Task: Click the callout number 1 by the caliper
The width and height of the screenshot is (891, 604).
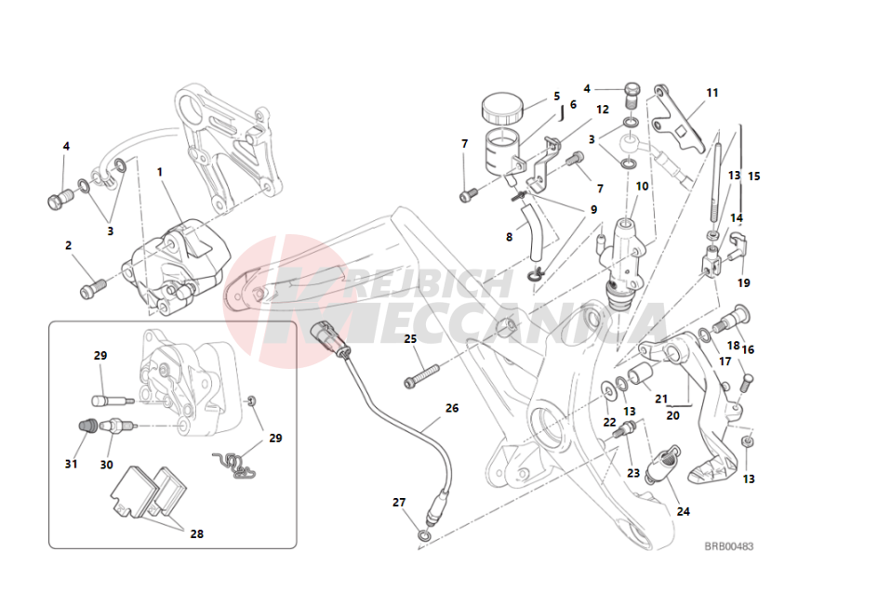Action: point(159,172)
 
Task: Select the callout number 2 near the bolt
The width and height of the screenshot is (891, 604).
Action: point(68,246)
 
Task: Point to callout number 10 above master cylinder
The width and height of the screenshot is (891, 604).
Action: point(642,186)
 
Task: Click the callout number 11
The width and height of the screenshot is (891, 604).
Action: point(712,93)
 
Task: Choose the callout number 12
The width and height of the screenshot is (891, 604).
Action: point(603,110)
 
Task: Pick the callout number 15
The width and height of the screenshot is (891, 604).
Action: point(753,176)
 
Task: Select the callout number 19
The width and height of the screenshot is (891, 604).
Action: point(743,282)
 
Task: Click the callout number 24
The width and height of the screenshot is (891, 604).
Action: point(684,511)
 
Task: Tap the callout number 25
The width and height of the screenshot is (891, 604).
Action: point(410,338)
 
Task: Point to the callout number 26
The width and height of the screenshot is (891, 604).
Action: point(452,407)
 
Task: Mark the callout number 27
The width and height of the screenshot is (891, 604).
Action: point(399,502)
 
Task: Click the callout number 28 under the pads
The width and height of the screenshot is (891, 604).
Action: point(196,534)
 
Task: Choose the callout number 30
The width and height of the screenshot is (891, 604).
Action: point(106,465)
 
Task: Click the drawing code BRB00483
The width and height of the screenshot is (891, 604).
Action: point(728,546)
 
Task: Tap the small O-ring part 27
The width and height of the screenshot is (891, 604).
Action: point(424,536)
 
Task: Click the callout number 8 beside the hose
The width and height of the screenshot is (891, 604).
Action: point(509,237)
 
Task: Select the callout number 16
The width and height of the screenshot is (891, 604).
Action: point(748,350)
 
